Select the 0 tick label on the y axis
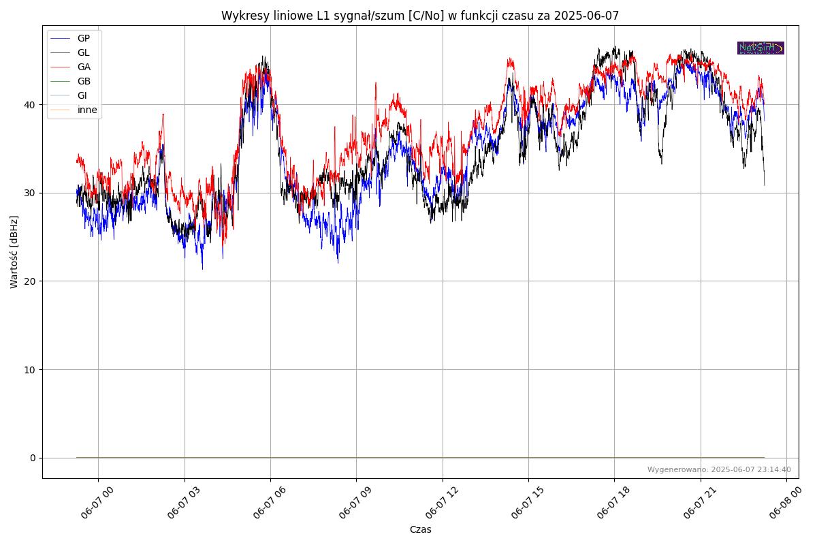(x=32, y=458)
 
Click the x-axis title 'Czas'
(x=420, y=529)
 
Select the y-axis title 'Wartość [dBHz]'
(x=14, y=252)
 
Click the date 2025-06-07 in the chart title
(x=586, y=16)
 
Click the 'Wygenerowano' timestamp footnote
(x=719, y=469)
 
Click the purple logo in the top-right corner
(x=760, y=48)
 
